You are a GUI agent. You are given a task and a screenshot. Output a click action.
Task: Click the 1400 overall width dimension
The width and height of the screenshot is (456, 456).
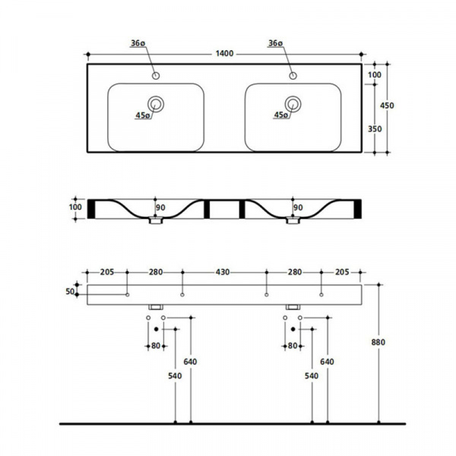224,53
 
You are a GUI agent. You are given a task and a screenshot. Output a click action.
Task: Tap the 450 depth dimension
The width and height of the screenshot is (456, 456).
387,106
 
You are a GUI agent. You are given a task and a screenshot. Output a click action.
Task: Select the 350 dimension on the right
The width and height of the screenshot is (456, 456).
375,129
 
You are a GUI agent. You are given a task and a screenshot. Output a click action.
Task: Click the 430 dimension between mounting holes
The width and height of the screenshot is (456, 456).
223,272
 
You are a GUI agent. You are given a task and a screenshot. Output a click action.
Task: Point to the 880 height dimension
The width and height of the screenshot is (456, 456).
378,342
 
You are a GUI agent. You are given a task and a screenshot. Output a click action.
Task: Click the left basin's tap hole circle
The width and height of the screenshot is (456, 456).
156,76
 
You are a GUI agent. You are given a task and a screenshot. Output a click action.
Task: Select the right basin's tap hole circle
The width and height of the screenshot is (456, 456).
293,76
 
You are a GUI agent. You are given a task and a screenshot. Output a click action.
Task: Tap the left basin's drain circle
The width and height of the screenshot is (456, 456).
156,104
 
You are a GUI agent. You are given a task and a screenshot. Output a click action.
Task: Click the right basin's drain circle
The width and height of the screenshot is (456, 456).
293,104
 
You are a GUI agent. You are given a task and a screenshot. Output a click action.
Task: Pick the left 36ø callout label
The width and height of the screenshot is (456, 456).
138,43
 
